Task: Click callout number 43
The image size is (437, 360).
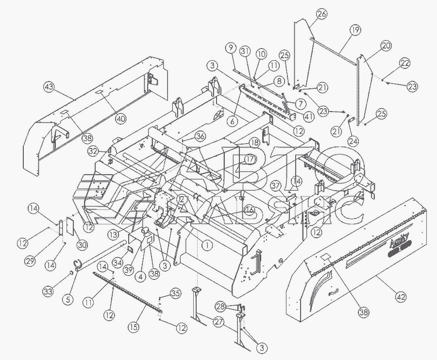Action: click(49, 87)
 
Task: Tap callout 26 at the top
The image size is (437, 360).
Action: click(322, 15)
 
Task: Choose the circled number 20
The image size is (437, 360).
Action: click(386, 46)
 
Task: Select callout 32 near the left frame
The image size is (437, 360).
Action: click(94, 151)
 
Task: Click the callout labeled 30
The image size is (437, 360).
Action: click(82, 245)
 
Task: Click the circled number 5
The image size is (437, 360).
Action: click(67, 299)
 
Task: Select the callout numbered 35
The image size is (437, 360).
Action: click(175, 293)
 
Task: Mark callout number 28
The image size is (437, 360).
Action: click(221, 306)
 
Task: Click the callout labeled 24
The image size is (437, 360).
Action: click(354, 141)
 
